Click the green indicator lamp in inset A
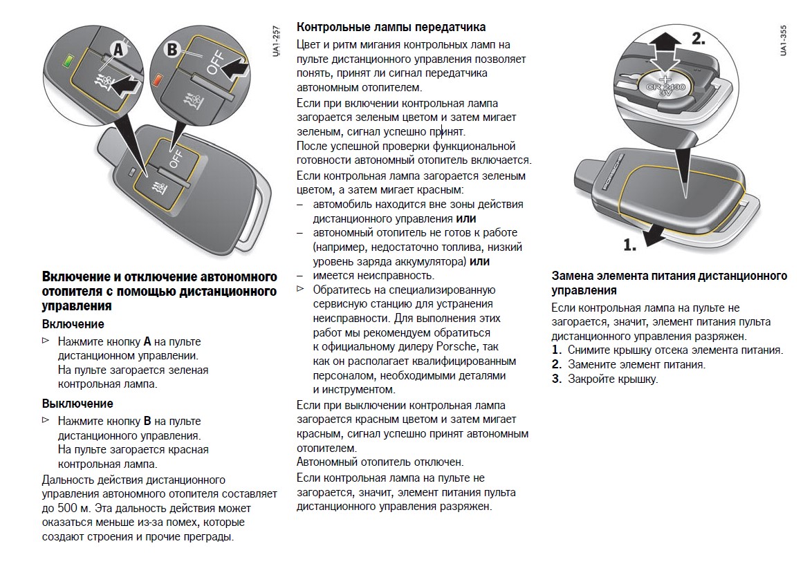(68, 59)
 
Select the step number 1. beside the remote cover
(629, 244)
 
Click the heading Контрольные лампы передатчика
(391, 27)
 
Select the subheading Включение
(73, 324)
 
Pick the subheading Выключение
(77, 404)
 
